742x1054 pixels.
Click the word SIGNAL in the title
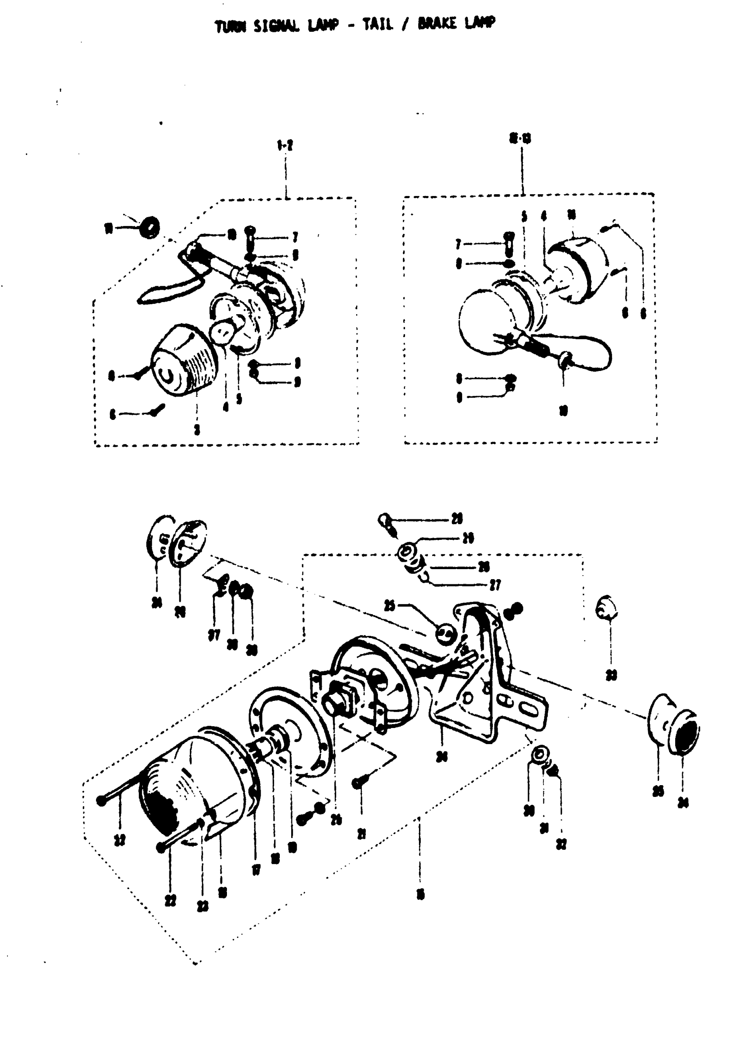tap(277, 27)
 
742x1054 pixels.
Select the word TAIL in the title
tap(378, 24)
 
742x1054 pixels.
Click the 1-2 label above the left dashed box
tap(285, 146)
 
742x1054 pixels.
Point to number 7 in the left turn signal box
tap(295, 237)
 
